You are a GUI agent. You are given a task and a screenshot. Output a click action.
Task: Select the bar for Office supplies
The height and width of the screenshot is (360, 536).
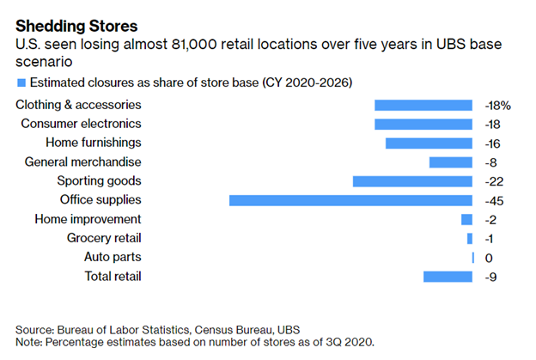point(350,200)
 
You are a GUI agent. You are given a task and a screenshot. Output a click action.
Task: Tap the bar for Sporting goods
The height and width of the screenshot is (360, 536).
point(412,181)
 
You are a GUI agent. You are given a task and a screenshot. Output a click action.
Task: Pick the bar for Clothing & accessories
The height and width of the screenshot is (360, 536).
point(423,105)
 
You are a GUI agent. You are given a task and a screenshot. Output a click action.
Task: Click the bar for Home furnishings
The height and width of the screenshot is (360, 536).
point(429,143)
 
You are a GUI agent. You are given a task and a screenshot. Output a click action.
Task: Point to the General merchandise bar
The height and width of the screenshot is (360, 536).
point(451,162)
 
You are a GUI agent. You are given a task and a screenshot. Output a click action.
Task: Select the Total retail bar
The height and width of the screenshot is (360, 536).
point(448,276)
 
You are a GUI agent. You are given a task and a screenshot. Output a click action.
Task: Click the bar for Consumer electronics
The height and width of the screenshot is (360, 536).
point(423,124)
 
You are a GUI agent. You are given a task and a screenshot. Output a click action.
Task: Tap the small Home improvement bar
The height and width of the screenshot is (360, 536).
point(467,219)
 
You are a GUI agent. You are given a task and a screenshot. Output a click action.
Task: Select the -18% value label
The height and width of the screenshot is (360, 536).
point(497,105)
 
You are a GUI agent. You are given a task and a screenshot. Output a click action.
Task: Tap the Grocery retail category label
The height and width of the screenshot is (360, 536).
point(104,238)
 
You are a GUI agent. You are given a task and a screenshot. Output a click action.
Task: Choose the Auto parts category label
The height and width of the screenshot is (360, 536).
point(113,257)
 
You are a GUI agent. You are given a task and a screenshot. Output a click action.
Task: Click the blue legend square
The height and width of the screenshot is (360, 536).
point(21,82)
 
